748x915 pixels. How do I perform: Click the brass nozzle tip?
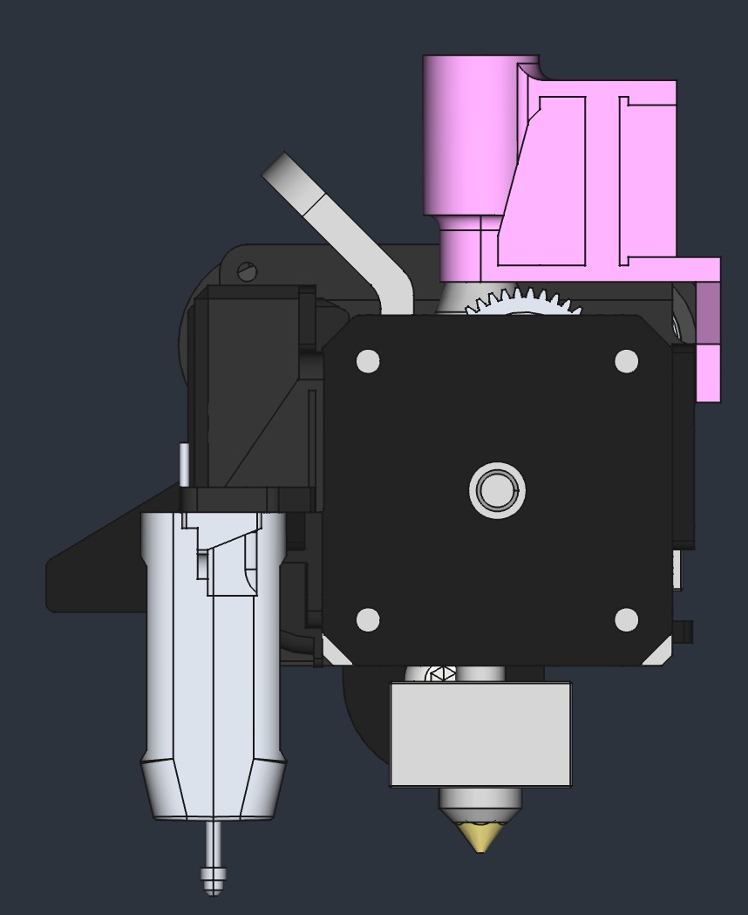pos(480,836)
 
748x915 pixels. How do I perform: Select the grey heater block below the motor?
pos(480,734)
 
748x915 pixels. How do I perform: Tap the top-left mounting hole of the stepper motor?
pos(368,361)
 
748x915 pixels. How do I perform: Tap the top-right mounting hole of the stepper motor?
pos(626,361)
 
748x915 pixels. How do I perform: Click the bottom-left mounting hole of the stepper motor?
pos(368,620)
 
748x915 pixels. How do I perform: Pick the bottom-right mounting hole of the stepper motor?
pos(626,620)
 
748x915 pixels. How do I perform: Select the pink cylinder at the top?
pos(468,135)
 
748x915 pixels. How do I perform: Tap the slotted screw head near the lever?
pos(248,272)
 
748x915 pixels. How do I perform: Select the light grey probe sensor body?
pos(214,645)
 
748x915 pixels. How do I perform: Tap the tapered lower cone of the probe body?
pos(214,789)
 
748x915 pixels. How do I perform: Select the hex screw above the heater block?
pos(440,675)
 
